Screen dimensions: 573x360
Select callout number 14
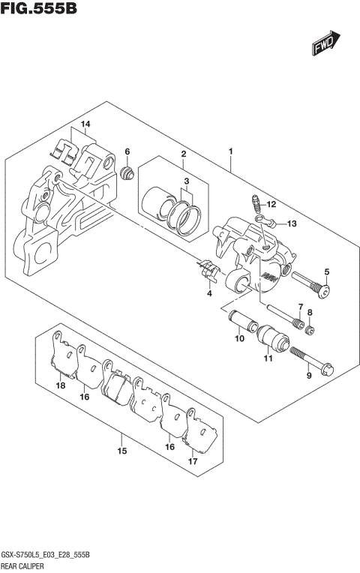coord(85,124)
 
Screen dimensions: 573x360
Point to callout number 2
coord(182,154)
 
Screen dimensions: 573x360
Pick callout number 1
coord(230,152)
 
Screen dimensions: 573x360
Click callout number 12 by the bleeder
coord(271,204)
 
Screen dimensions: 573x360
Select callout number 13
coord(292,223)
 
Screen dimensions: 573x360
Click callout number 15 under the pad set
coord(121,451)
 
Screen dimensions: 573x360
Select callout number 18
coord(60,385)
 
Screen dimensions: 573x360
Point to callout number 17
coord(193,461)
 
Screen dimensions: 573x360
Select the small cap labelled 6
coord(127,175)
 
